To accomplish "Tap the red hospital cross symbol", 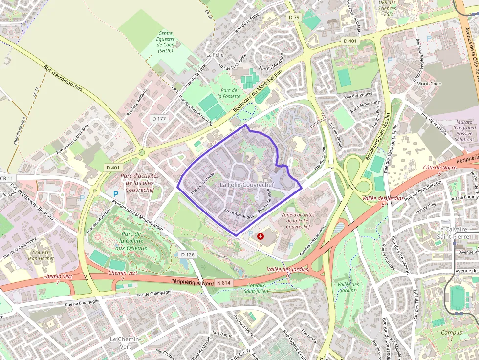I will tap(261, 236).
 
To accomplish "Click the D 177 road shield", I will tap(159, 119).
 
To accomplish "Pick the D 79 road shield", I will tap(294, 17).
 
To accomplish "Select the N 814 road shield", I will tap(223, 283).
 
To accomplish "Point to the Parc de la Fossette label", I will tap(229, 93).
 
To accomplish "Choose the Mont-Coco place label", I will tap(429, 84).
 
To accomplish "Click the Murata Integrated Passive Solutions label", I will tap(463, 130).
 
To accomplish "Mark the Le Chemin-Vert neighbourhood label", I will tap(125, 342).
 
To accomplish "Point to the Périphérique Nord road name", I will tap(193, 281).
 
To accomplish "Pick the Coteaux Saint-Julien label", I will tap(257, 288).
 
